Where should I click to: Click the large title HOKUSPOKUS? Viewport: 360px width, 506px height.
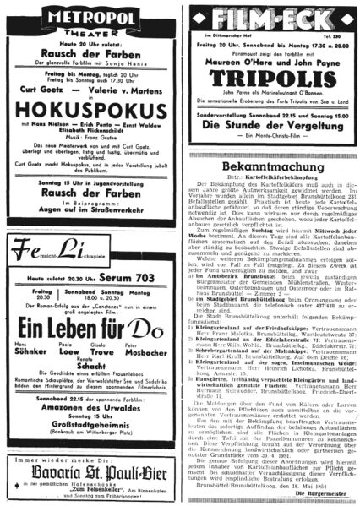click(90, 133)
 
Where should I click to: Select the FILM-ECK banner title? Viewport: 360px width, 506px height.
click(270, 18)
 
